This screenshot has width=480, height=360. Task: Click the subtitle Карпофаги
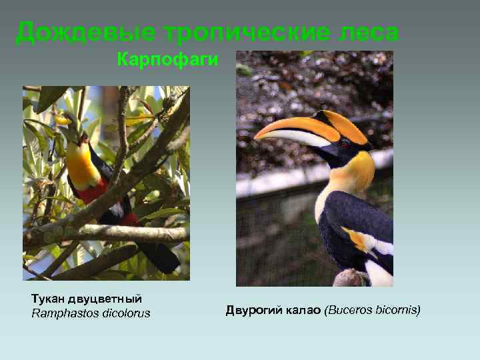[167, 61]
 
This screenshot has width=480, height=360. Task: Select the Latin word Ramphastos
[63, 313]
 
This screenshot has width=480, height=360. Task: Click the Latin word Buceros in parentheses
[347, 310]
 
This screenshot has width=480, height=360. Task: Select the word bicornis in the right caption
[396, 310]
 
